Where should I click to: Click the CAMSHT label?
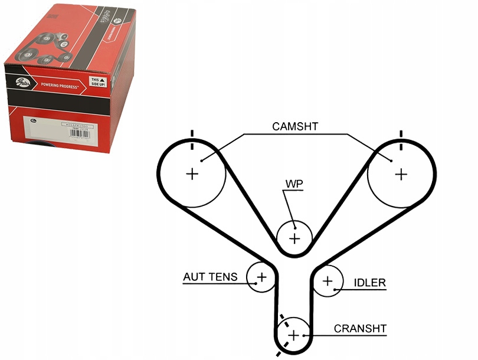(296, 126)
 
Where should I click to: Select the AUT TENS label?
(210, 276)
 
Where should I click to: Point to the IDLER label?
(369, 283)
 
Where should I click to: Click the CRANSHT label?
(360, 328)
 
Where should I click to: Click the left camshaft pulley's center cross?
(191, 174)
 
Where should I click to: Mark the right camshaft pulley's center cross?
(401, 174)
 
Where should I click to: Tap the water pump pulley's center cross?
(294, 238)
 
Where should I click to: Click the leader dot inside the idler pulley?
(336, 289)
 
